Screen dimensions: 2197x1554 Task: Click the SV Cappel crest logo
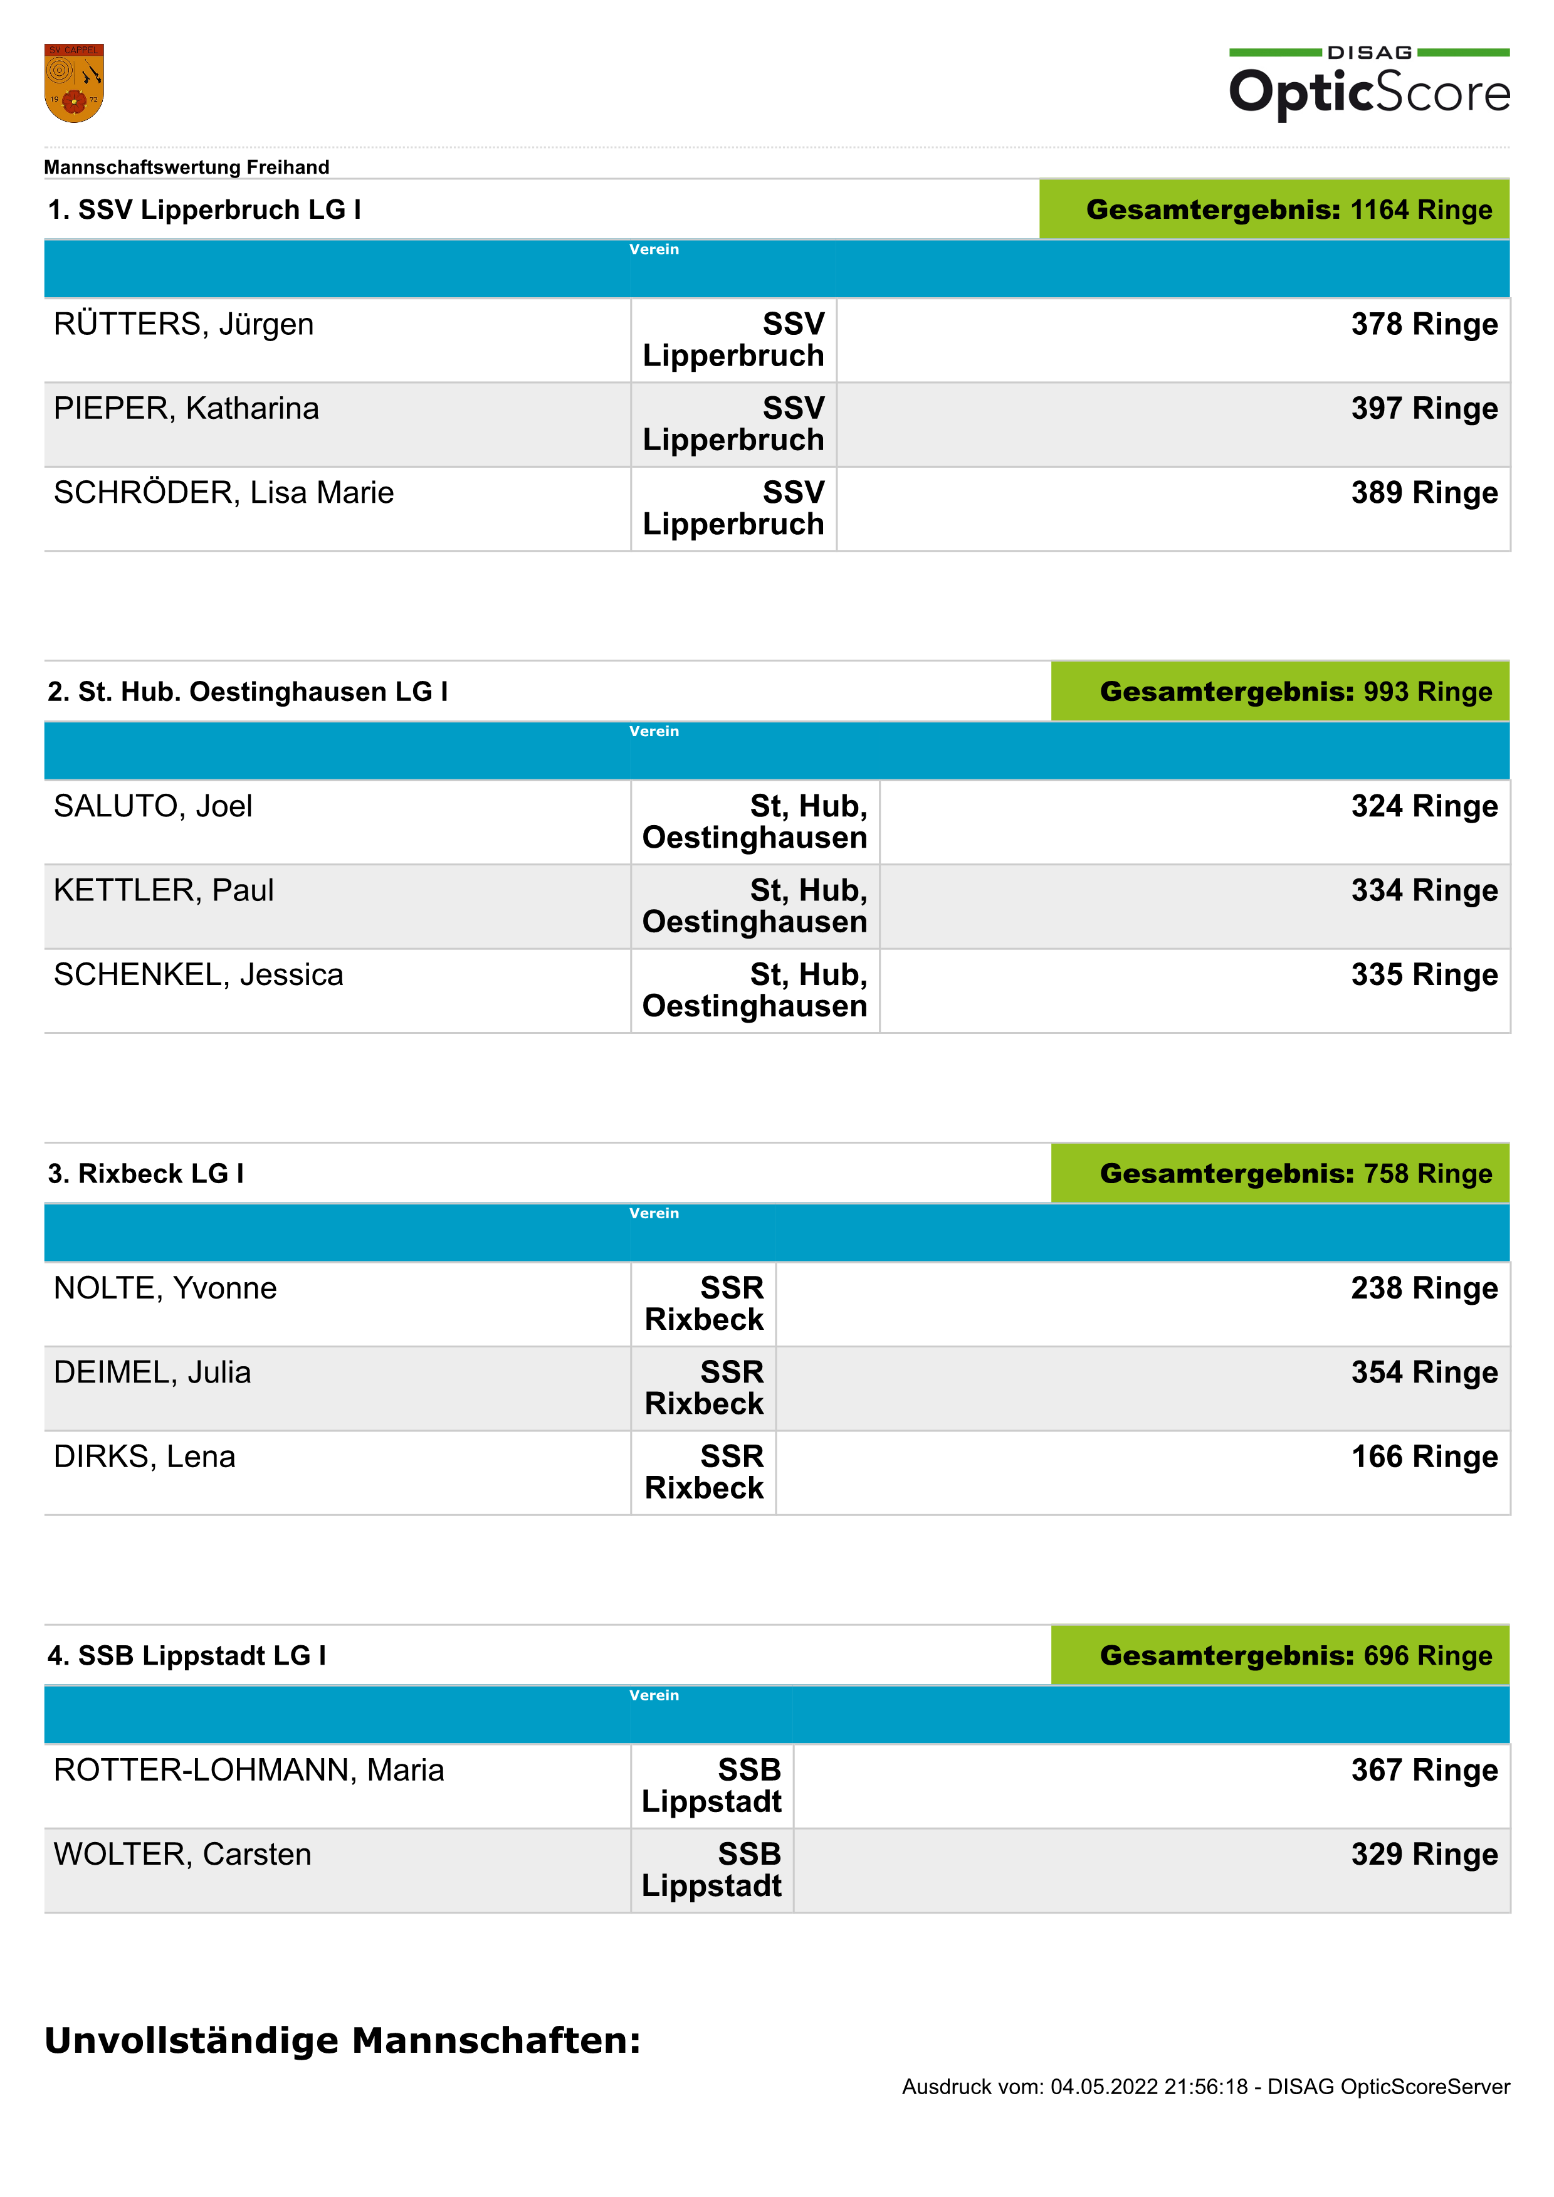click(74, 83)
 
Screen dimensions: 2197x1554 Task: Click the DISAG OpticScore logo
click(1368, 83)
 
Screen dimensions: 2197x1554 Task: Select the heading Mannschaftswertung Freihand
click(187, 167)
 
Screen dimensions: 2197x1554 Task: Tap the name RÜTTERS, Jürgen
click(184, 324)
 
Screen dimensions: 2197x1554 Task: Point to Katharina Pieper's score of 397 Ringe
click(1423, 409)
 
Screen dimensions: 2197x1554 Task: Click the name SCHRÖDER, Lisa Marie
click(224, 493)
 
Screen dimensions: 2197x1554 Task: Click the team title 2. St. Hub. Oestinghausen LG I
click(248, 692)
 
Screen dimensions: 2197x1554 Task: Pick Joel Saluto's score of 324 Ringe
click(1423, 807)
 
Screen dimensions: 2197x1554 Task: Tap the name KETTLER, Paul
click(164, 891)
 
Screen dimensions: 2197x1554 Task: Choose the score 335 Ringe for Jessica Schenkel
click(1423, 975)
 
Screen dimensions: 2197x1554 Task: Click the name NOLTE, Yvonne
click(165, 1289)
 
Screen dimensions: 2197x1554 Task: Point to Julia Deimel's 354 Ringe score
click(1423, 1373)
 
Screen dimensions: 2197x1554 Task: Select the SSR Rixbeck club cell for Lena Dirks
click(704, 1473)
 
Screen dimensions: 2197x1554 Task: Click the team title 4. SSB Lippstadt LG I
click(187, 1657)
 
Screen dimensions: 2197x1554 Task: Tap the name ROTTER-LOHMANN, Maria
click(249, 1771)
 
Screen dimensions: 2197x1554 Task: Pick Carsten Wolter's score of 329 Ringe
click(1423, 1855)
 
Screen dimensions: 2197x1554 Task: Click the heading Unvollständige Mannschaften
click(342, 2041)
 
